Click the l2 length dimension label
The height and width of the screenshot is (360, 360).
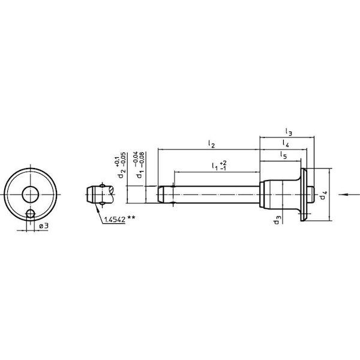click(211, 144)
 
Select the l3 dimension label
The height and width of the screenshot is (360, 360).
click(289, 132)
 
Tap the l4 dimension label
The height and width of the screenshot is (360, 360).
click(286, 143)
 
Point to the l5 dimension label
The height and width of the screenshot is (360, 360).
click(284, 155)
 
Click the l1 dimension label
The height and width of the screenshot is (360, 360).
click(215, 166)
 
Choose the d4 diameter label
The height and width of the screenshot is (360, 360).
click(323, 195)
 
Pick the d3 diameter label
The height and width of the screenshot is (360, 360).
click(277, 220)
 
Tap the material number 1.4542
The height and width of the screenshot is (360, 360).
click(115, 220)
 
